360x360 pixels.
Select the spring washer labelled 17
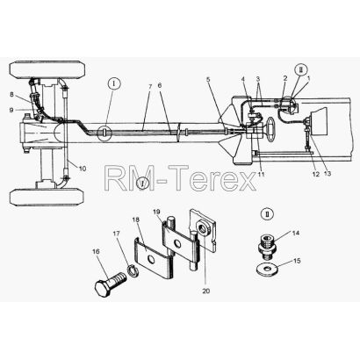click(133, 270)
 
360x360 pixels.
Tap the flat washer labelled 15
click(267, 269)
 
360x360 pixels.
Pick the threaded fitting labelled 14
click(267, 245)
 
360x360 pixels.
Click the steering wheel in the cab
click(270, 129)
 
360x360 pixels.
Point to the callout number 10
click(83, 169)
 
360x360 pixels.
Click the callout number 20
click(205, 291)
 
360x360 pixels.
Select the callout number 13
click(328, 174)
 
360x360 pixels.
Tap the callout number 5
click(208, 79)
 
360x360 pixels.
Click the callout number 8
click(11, 94)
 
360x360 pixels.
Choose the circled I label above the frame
click(114, 84)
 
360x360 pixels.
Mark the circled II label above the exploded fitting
click(267, 213)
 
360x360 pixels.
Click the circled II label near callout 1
click(300, 70)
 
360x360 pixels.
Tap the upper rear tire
click(47, 69)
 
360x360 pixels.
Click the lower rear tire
click(47, 198)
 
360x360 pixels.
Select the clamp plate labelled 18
click(153, 256)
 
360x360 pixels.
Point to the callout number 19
click(157, 212)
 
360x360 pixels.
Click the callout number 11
click(261, 174)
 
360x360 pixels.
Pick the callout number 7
click(150, 87)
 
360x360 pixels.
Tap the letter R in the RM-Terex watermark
click(115, 178)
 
